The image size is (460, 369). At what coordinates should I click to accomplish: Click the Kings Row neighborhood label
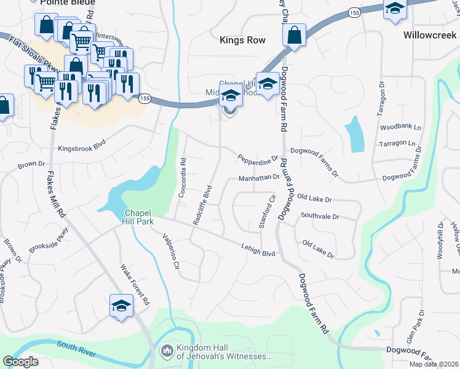tap(243, 40)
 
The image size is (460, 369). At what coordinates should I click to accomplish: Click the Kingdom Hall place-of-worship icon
tap(166, 351)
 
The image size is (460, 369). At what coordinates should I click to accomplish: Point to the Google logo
tap(20, 362)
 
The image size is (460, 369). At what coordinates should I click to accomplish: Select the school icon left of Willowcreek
tap(394, 10)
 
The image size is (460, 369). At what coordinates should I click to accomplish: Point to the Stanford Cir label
tap(265, 212)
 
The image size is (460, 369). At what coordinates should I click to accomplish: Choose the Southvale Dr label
tap(320, 216)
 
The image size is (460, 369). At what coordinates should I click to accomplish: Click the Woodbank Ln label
tap(400, 127)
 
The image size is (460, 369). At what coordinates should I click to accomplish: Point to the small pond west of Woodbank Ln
tap(354, 135)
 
